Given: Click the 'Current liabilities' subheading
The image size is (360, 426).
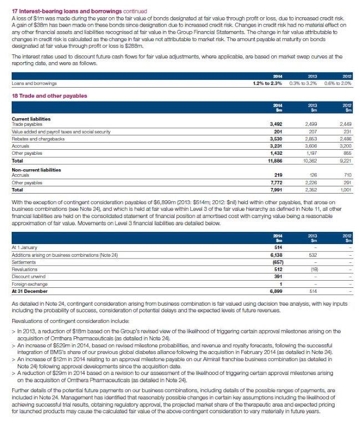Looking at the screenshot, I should click(31, 119).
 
